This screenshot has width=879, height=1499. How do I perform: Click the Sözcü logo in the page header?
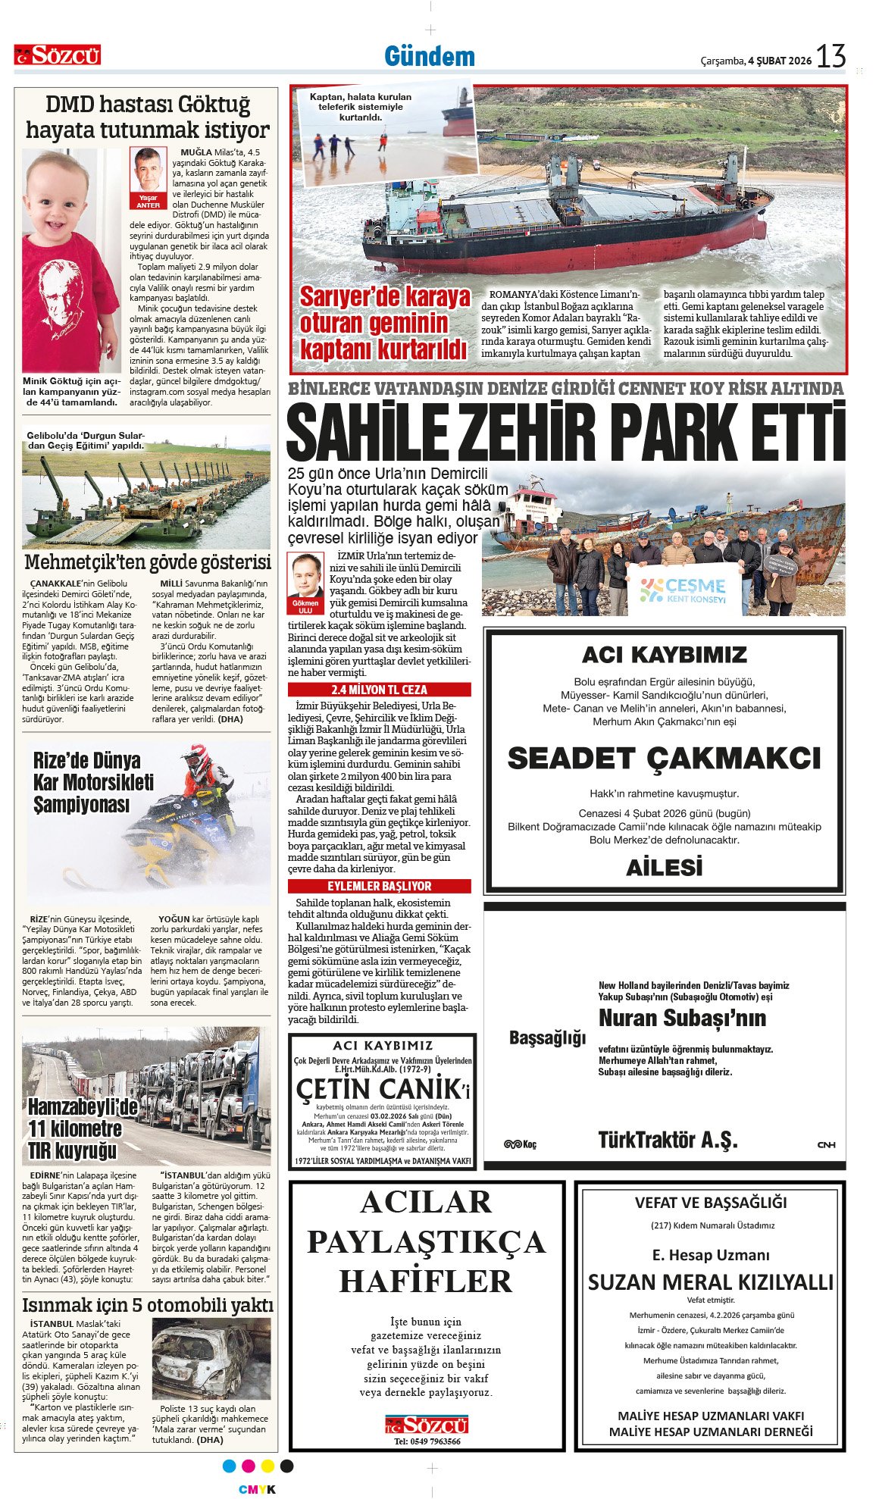(x=58, y=55)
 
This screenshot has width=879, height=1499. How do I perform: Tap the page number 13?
(x=831, y=57)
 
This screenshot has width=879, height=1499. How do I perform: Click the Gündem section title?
(x=429, y=57)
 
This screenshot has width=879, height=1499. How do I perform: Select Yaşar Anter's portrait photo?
(x=148, y=172)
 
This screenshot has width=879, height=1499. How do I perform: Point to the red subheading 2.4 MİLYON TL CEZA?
(x=379, y=690)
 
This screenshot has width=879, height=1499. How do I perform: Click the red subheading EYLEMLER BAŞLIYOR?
(x=379, y=886)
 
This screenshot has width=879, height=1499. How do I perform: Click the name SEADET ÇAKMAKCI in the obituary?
(x=664, y=759)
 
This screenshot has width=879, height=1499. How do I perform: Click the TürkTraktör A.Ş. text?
(x=668, y=1141)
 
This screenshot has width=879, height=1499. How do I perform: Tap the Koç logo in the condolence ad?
(x=520, y=1144)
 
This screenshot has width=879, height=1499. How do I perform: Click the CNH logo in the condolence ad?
(x=826, y=1144)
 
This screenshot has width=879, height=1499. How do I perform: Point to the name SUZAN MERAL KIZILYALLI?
(x=710, y=1282)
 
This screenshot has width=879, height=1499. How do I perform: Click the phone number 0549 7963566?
(x=427, y=1441)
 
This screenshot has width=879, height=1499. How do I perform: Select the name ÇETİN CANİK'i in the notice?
(x=383, y=1090)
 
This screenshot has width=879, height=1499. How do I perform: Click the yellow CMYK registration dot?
(x=267, y=1466)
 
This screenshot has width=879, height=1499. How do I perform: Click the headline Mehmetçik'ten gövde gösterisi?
(x=147, y=562)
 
